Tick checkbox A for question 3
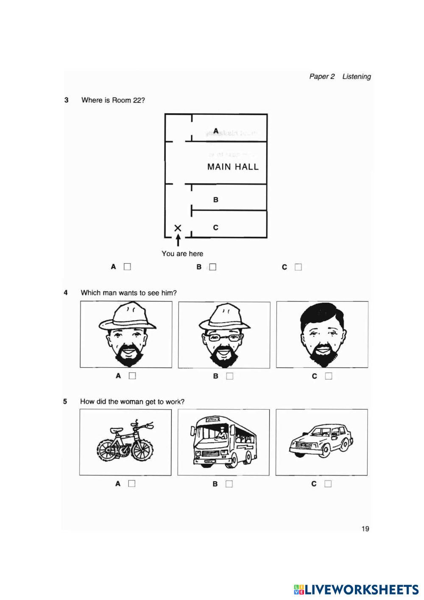(127, 267)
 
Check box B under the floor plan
(212, 267)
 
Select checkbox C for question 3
(298, 267)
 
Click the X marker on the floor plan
(178, 228)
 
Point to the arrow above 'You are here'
(178, 240)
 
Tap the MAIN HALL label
(233, 167)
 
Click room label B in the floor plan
(216, 199)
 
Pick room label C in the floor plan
(216, 228)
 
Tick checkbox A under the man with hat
(132, 376)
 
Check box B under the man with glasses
(230, 376)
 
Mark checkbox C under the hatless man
(329, 376)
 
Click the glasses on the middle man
(223, 338)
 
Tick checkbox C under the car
(328, 484)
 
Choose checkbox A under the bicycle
(132, 483)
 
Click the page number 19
(365, 528)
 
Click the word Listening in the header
(357, 77)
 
